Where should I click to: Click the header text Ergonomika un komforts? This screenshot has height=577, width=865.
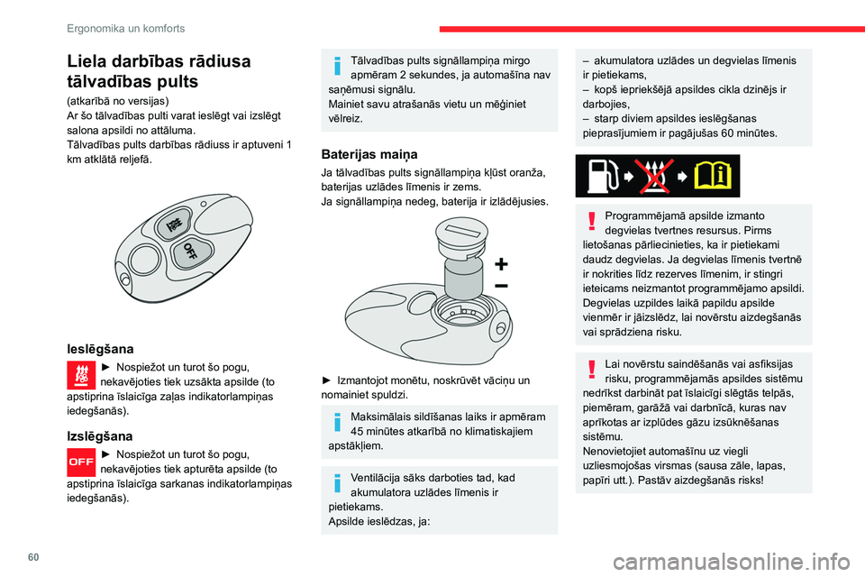[x=125, y=28]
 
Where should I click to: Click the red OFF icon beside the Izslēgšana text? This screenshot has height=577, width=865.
[x=82, y=462]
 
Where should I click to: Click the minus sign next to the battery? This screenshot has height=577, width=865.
[x=500, y=286]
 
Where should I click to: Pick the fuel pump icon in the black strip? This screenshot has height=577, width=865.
[x=601, y=176]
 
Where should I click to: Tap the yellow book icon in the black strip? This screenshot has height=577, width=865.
[x=714, y=176]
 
